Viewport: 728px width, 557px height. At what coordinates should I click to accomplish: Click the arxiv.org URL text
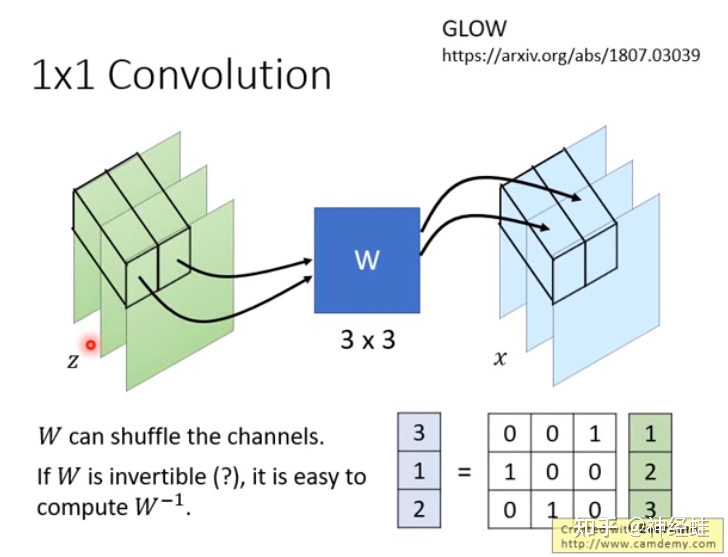point(571,55)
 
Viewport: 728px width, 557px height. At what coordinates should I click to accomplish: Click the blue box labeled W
point(367,260)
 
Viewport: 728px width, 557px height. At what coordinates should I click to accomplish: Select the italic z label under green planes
point(73,360)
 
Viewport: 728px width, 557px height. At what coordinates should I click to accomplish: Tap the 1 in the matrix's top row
point(594,433)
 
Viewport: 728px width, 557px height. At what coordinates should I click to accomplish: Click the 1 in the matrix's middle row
point(509,472)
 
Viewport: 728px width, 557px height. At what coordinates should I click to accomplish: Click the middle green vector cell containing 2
point(650,472)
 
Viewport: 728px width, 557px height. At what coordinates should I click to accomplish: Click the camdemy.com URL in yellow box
point(638,544)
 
